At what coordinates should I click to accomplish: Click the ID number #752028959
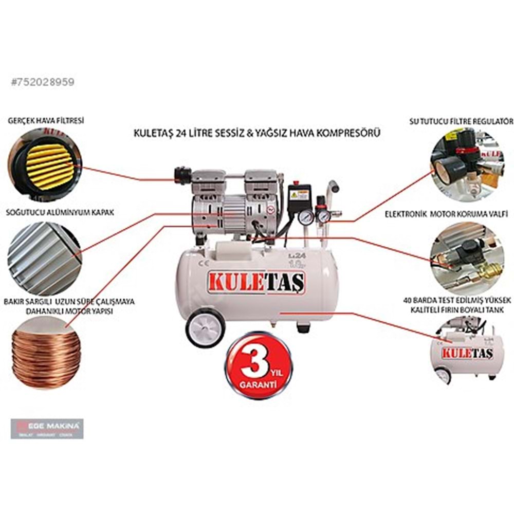(x=43, y=82)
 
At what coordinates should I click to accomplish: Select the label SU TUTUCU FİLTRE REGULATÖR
(x=461, y=121)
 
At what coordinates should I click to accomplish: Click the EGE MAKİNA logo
(x=47, y=428)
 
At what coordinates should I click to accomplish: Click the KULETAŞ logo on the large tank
(x=256, y=283)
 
